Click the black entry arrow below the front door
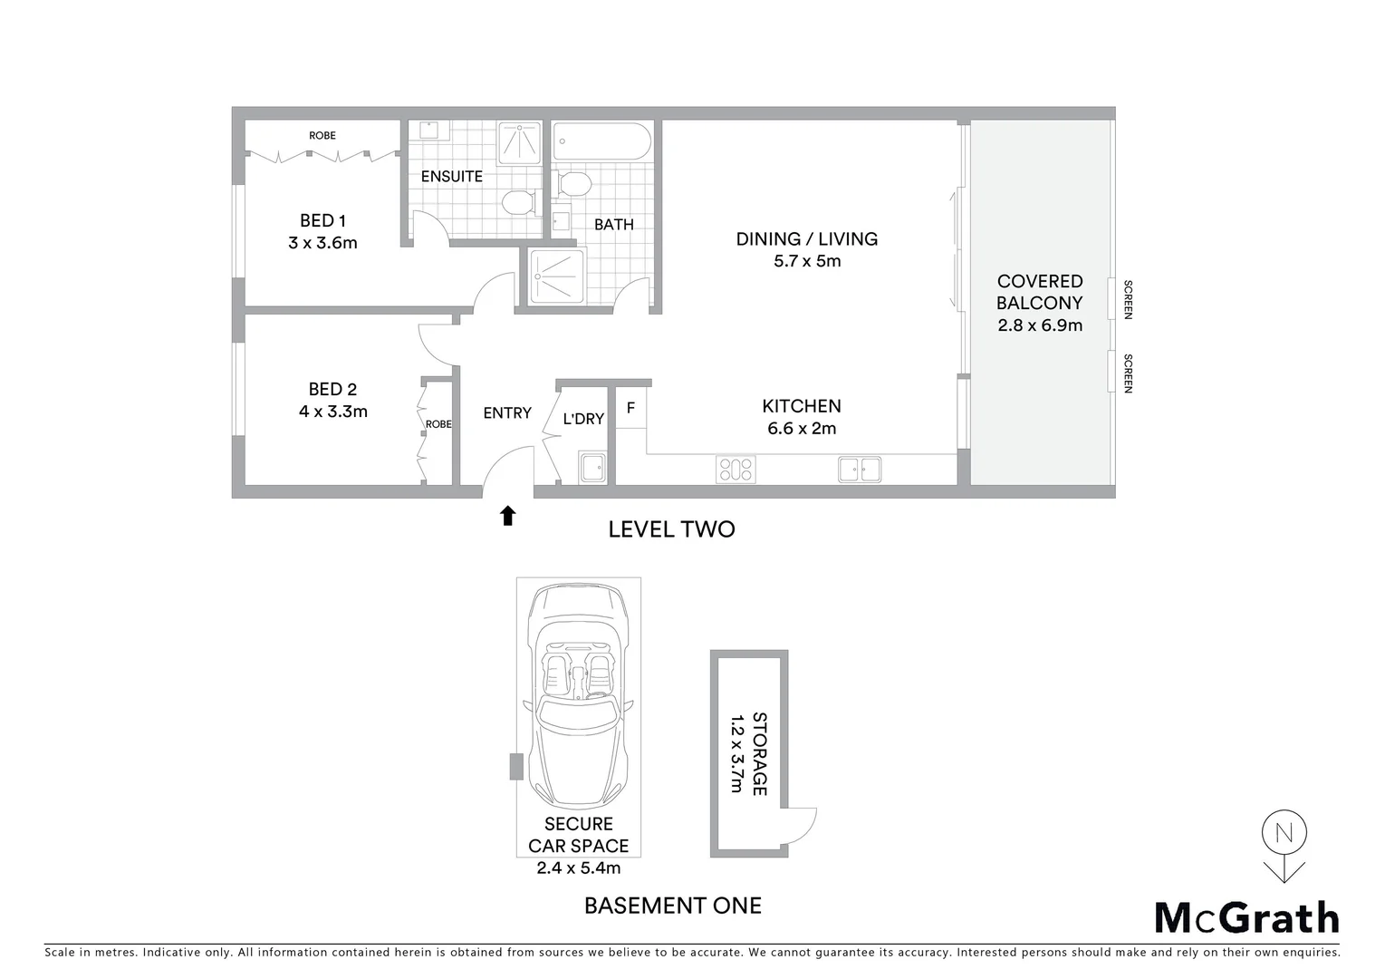click(x=507, y=516)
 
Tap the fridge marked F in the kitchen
click(x=630, y=409)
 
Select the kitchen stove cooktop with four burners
click(x=736, y=469)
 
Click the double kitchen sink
click(x=859, y=469)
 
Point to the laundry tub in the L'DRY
click(x=593, y=469)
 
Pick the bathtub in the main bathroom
click(x=601, y=141)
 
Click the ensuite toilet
click(x=518, y=200)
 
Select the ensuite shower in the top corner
click(x=519, y=142)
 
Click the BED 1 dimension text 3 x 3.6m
click(x=322, y=243)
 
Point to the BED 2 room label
click(x=332, y=389)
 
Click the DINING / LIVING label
click(x=806, y=238)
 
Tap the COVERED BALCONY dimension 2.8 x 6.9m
click(x=1040, y=325)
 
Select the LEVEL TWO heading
click(x=671, y=529)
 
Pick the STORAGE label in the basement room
click(x=759, y=754)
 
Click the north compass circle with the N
click(x=1284, y=833)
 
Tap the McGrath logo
click(x=1246, y=917)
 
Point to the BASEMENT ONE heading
click(x=672, y=906)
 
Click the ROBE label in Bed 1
click(x=322, y=136)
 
